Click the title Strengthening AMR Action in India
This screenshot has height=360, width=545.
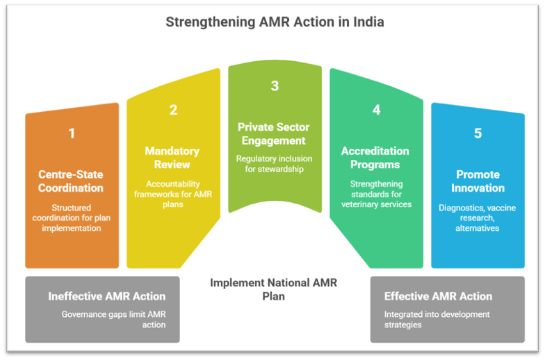(275, 22)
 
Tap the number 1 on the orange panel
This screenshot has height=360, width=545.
(72, 133)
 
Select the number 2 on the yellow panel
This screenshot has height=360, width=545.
(173, 110)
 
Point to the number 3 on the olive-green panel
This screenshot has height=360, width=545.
(275, 86)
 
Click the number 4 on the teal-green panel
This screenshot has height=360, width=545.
(376, 110)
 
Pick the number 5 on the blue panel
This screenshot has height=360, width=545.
(478, 133)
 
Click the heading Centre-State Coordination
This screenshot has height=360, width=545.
(71, 181)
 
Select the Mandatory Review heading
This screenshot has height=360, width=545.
(172, 157)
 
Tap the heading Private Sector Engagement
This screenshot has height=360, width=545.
(275, 133)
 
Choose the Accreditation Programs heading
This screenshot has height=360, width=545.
(375, 157)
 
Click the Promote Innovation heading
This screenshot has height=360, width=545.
(478, 181)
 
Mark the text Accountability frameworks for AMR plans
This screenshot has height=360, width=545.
(172, 188)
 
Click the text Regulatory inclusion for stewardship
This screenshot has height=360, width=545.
(275, 164)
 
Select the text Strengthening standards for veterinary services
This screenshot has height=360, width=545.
(375, 194)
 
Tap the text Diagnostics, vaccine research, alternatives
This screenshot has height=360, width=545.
(478, 218)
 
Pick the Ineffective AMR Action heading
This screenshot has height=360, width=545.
(107, 296)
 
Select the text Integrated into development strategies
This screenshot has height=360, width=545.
(437, 320)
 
